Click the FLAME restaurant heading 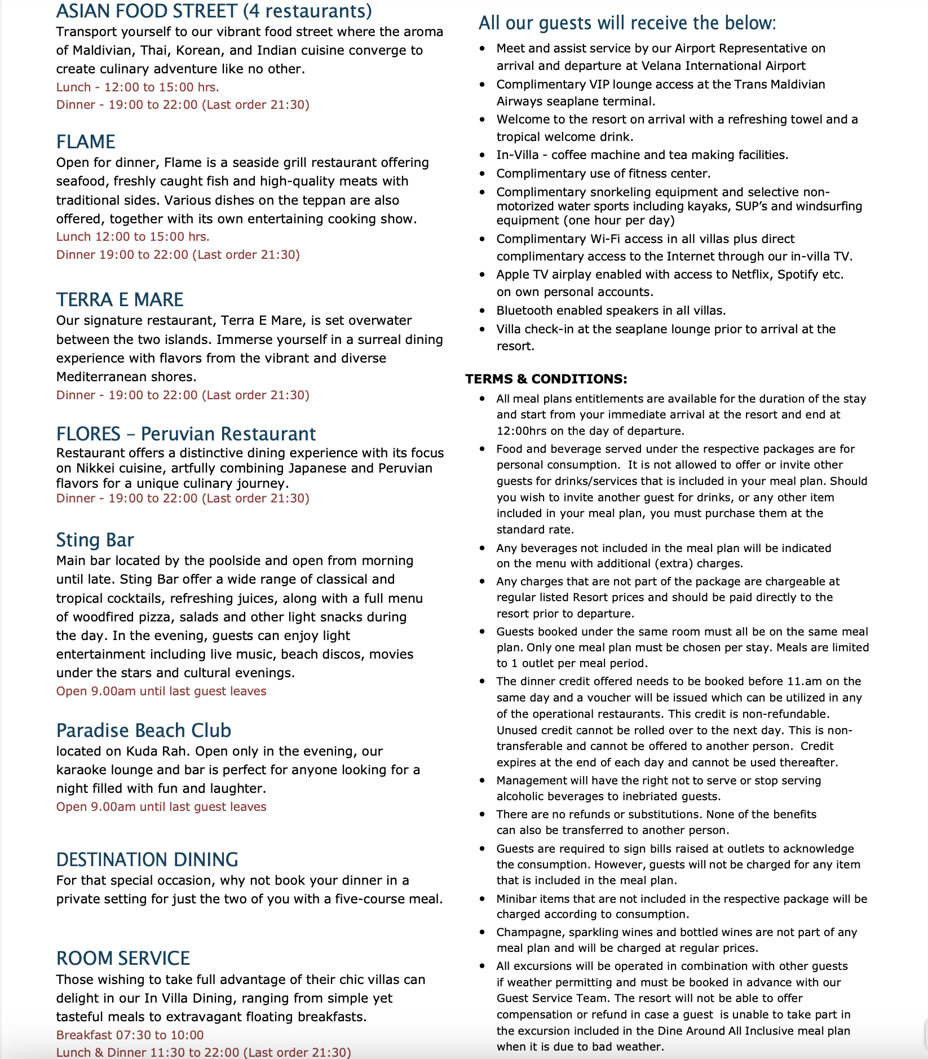[x=86, y=142]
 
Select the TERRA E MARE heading [x=120, y=299]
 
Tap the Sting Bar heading [x=95, y=540]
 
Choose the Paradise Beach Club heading [x=143, y=730]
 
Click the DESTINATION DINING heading [x=147, y=859]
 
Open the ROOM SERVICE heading [x=123, y=958]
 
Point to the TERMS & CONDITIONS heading [x=546, y=379]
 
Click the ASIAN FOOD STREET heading [x=214, y=11]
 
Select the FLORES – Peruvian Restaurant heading [x=185, y=434]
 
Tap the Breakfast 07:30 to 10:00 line [x=130, y=1035]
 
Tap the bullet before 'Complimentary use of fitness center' [x=482, y=174]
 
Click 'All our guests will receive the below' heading [x=627, y=23]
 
